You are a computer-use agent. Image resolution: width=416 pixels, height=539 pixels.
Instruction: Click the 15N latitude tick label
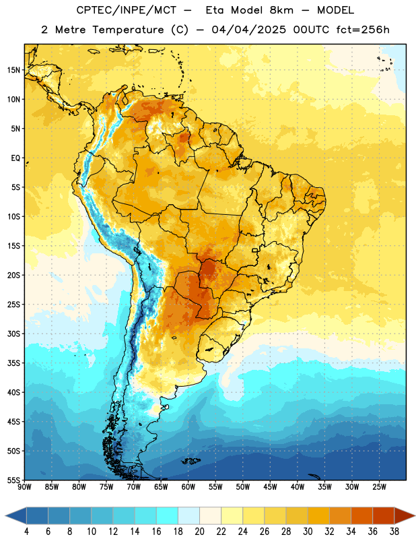(13, 70)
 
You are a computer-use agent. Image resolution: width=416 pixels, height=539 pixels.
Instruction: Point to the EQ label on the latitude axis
(15, 158)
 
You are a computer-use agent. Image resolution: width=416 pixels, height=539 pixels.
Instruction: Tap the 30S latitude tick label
(13, 334)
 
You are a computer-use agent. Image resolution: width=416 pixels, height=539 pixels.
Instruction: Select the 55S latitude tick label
(13, 480)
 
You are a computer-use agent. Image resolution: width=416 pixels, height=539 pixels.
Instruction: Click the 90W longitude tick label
(24, 487)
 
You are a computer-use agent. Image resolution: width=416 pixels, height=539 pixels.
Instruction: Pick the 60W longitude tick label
(188, 487)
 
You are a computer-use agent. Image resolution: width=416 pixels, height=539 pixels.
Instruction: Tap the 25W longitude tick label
(379, 487)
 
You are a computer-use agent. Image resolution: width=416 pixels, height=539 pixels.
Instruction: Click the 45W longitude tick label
(270, 487)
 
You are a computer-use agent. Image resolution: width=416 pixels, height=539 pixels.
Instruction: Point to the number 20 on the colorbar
(199, 532)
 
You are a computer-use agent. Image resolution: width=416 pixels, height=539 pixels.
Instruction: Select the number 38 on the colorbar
(394, 532)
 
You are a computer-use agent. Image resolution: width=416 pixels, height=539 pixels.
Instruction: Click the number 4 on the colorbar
(26, 532)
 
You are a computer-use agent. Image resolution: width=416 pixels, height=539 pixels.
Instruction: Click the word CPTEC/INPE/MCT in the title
(126, 10)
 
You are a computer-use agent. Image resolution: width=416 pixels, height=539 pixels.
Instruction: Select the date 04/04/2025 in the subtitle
(248, 30)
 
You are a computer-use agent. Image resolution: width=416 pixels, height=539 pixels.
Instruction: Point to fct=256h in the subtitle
(363, 30)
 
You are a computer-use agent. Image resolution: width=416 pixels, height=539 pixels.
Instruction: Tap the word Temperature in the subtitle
(128, 30)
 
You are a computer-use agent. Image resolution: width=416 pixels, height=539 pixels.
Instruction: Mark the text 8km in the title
(281, 10)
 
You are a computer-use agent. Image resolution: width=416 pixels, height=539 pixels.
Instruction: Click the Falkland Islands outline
(190, 461)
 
